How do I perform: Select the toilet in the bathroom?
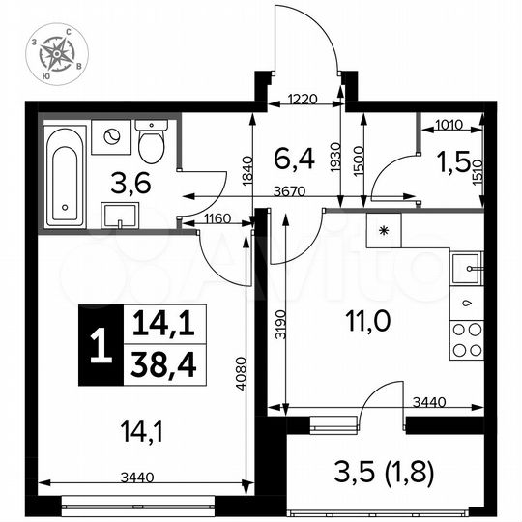[151, 143]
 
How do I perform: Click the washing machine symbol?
[110, 137]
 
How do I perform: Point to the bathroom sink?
[120, 213]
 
